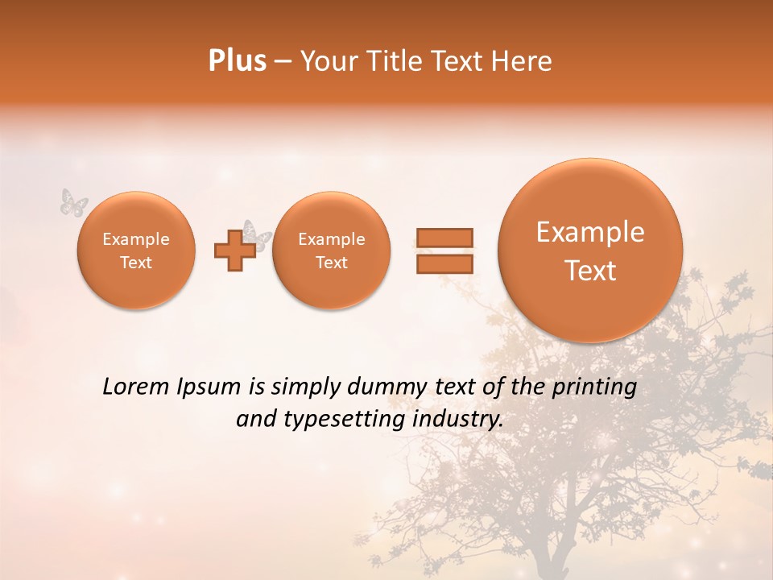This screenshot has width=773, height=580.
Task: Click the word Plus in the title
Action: [x=237, y=61]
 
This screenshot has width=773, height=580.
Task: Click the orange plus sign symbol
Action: [x=234, y=251]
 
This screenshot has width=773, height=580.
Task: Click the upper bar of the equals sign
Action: [x=444, y=238]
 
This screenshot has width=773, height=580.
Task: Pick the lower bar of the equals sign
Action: [x=444, y=263]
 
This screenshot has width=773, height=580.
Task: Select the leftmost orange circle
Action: [x=136, y=251]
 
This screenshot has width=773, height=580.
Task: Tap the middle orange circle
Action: [x=331, y=251]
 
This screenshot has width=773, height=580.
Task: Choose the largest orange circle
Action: [x=590, y=251]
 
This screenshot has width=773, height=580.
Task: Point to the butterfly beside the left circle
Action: [x=73, y=202]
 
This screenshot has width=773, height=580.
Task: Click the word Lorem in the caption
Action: [x=138, y=387]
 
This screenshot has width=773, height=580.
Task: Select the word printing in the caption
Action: [x=594, y=387]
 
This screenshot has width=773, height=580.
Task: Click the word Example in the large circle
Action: [x=590, y=232]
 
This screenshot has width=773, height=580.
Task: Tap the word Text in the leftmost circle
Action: [x=136, y=263]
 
